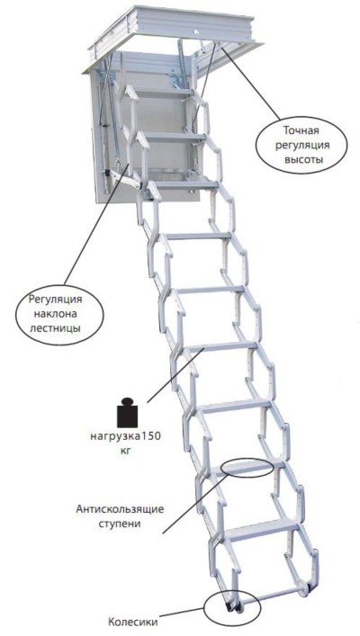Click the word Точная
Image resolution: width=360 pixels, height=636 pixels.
(301, 130)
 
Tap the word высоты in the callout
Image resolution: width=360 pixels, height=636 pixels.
(303, 159)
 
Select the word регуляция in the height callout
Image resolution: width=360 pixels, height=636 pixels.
(302, 145)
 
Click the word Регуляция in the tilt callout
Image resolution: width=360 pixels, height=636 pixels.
(56, 300)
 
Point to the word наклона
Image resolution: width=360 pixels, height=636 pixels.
(55, 313)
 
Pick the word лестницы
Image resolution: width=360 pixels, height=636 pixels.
(55, 327)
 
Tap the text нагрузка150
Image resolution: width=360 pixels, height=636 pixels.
(125, 436)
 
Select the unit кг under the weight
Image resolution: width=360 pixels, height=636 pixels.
(125, 450)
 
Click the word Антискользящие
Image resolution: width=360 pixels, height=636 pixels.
(120, 509)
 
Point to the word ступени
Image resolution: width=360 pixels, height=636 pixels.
(120, 524)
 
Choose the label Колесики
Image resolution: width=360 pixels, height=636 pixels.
(132, 622)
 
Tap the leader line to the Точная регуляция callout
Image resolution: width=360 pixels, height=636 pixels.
(249, 83)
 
